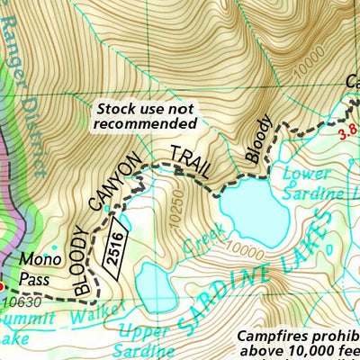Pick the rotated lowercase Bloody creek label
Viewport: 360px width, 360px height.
click(256, 139)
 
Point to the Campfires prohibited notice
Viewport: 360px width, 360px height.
click(297, 343)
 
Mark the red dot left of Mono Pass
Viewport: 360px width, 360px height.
click(3, 286)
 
